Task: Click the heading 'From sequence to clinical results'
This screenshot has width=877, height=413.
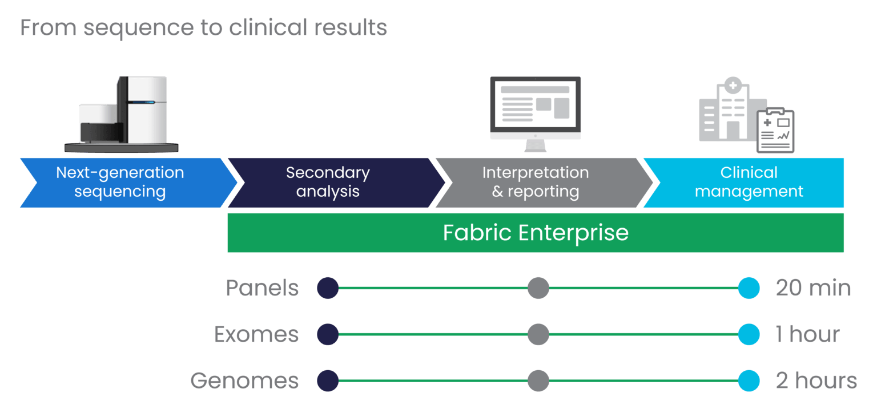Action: coord(203,27)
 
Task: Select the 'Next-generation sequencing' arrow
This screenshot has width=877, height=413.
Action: coord(120,183)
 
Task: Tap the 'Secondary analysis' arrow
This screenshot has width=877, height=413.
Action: coord(328,183)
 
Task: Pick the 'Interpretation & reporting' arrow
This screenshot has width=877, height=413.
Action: coord(536,183)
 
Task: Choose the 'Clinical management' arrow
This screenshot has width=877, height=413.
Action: coord(749,183)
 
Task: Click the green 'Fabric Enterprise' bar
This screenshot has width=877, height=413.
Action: coord(536,233)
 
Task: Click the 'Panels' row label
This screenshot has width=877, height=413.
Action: coord(262,288)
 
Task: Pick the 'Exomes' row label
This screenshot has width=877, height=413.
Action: coord(256,334)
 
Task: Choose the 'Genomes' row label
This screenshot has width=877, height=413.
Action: coord(244,380)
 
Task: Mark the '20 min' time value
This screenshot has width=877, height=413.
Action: coord(813,288)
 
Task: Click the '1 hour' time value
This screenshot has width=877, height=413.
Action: coord(807,334)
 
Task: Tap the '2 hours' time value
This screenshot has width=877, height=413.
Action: coord(816,380)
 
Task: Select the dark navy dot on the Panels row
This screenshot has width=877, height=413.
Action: coord(328,288)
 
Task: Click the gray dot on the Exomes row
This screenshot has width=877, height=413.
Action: coord(538,334)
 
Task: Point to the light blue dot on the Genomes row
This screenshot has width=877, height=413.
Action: coord(748,380)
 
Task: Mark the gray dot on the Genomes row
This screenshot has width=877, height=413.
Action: coord(538,380)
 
